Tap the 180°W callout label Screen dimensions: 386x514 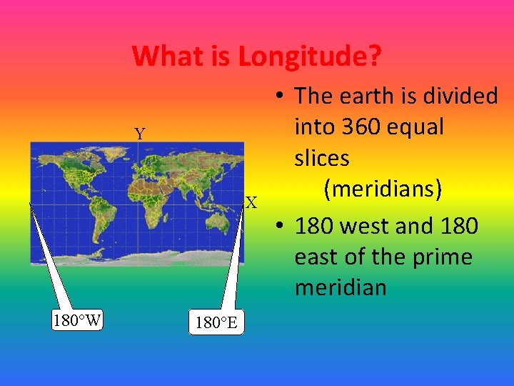pos(77,320)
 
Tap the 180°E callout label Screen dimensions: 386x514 pos(216,323)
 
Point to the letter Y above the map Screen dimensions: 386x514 pos(140,134)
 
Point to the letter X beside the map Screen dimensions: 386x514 pos(251,203)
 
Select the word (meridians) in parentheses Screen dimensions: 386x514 pos(383,189)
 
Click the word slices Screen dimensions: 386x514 pos(322,158)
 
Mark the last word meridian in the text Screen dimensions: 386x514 pos(341,288)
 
